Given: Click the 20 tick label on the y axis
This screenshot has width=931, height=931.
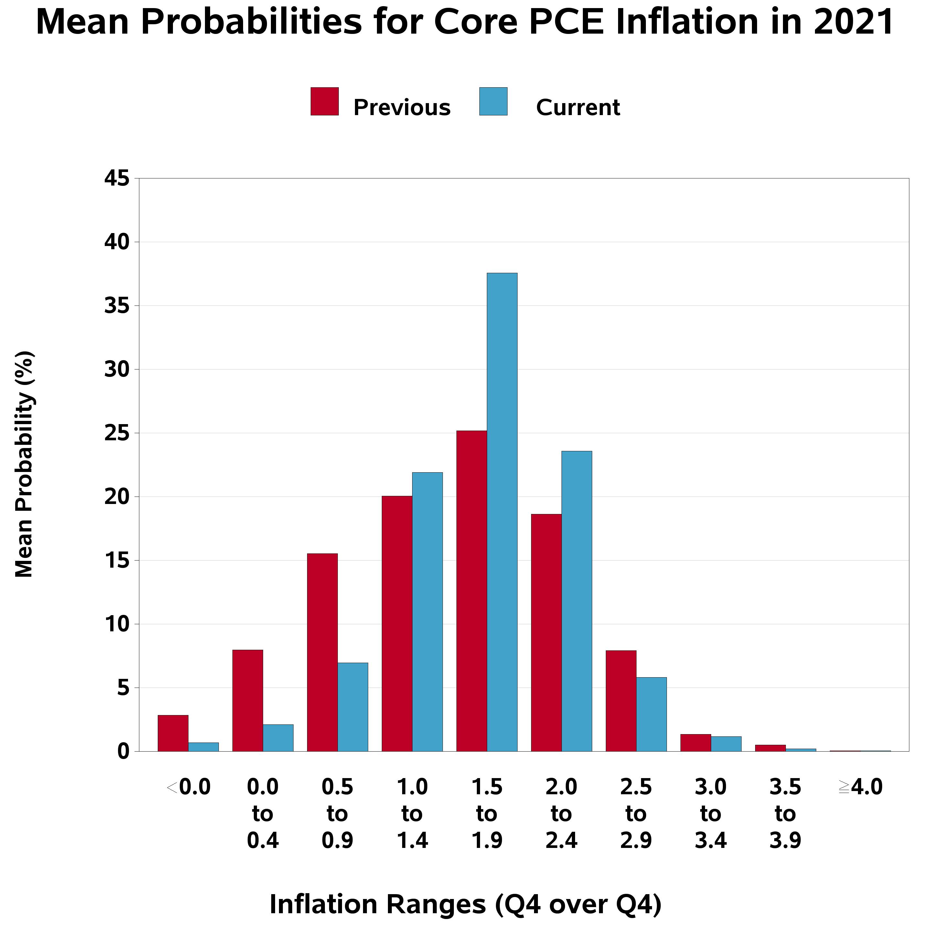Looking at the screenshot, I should pos(117,497).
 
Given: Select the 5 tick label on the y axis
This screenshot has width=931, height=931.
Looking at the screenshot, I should pos(123,688).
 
